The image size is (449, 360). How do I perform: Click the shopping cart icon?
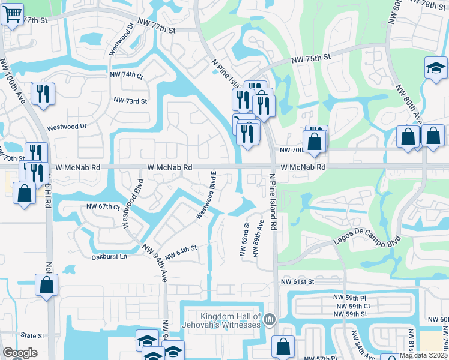click(12, 14)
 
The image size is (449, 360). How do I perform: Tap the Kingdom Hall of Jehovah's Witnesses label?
click(231, 320)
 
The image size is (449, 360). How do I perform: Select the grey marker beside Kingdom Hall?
click(270, 319)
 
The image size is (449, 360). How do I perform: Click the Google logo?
click(20, 353)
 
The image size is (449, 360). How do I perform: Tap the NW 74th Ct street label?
click(127, 75)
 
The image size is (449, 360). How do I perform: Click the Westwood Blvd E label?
click(206, 195)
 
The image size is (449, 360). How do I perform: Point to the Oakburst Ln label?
click(109, 257)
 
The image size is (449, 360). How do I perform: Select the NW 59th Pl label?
click(351, 297)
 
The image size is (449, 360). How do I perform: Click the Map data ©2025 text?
click(423, 355)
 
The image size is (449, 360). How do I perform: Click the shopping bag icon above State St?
click(47, 286)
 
